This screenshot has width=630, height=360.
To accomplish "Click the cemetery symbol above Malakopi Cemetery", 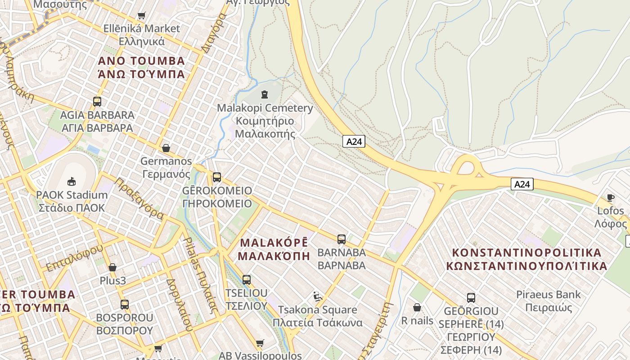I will pos(265,94).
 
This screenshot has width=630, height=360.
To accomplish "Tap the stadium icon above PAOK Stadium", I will pos(71,182).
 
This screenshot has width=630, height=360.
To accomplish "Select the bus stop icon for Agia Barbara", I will pos(97,102).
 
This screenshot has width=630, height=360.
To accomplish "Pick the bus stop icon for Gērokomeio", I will pos(217,177).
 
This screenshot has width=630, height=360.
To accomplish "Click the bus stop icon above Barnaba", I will pos(342,239).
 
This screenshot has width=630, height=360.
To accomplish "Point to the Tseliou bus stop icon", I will pos(247,280).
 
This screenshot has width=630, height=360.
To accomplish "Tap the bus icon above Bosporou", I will pos(125,305).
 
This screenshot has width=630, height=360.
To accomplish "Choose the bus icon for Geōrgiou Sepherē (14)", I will pos(471,298).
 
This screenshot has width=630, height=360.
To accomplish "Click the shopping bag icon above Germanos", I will pos(166,148).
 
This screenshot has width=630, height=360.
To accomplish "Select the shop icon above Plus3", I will pos(112,268).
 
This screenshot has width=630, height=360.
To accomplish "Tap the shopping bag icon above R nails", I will pos(417,308).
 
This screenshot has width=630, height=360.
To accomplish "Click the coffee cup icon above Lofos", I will pos(611,198).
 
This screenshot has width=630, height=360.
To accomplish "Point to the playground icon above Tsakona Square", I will pos(318,297).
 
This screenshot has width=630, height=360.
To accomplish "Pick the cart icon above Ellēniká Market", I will pos(142,16).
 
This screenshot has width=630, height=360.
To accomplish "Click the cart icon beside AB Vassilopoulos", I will pos(260,344).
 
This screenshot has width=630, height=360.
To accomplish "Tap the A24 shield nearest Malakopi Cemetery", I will pos(354,141).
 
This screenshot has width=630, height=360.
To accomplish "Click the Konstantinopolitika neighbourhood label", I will pos(526,259).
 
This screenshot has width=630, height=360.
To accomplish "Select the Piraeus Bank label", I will pos(548,301).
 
